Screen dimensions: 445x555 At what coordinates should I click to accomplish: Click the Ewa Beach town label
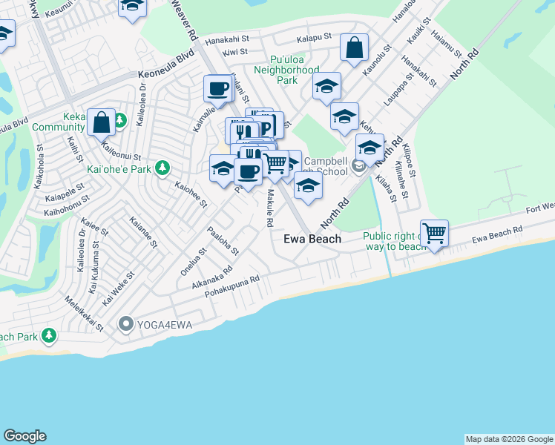[x=312, y=239]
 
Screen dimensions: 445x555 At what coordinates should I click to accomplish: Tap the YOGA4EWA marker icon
[x=125, y=323]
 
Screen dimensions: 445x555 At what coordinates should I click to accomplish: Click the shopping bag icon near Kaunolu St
[x=355, y=48]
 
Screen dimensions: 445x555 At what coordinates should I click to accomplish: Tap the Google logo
[x=24, y=436]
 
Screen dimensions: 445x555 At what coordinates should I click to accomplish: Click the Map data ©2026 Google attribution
[x=509, y=439]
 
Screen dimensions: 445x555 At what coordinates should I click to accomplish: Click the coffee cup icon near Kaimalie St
[x=217, y=89]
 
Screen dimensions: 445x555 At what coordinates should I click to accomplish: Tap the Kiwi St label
[x=234, y=52]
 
